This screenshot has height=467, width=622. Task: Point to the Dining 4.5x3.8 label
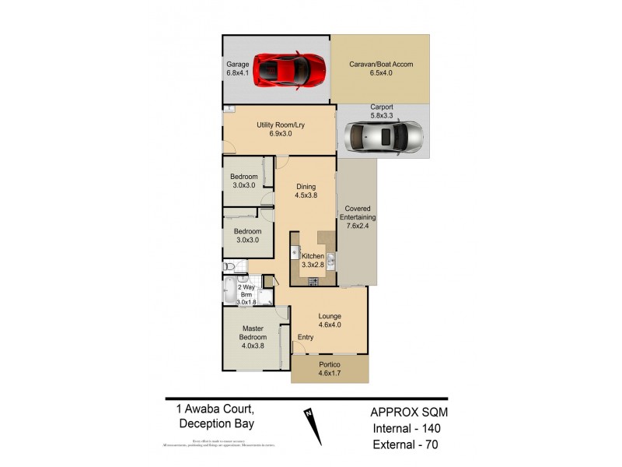pyautogui.click(x=306, y=191)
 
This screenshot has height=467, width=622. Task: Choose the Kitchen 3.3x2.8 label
pyautogui.click(x=313, y=261)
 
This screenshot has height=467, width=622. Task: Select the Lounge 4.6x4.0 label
pyautogui.click(x=329, y=321)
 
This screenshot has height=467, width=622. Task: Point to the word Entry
pyautogui.click(x=306, y=337)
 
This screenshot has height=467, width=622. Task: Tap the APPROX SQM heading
pyautogui.click(x=409, y=413)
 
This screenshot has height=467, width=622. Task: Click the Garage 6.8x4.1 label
pyautogui.click(x=238, y=68)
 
